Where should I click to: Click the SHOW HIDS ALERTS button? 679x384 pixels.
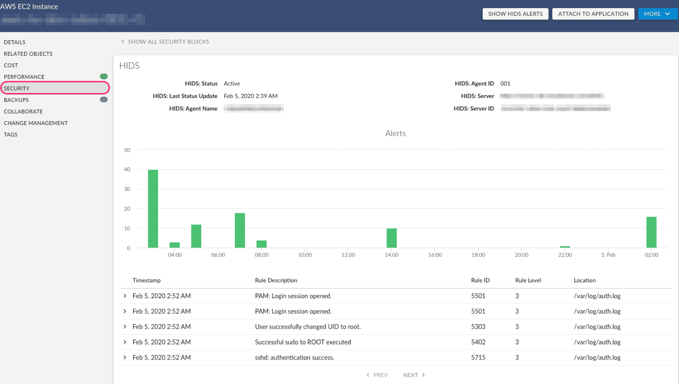[x=515, y=14]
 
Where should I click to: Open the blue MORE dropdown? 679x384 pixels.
[x=657, y=14]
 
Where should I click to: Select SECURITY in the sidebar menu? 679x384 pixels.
[x=17, y=88]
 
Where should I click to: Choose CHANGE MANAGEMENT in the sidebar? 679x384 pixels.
[x=36, y=123]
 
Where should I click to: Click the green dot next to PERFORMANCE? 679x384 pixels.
[x=104, y=77]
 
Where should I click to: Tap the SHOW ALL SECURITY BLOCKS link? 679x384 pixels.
[x=168, y=42]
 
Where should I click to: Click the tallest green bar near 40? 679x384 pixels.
[x=153, y=208]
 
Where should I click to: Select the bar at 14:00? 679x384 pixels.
[x=391, y=238]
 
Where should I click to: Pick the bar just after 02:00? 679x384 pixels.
[x=651, y=232]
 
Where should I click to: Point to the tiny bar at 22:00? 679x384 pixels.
[x=565, y=247]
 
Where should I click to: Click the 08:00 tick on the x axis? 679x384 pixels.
[x=261, y=255]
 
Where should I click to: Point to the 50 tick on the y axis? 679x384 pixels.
[x=127, y=150]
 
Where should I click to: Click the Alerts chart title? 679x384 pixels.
[x=395, y=133]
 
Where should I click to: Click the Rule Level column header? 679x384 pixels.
[x=528, y=280]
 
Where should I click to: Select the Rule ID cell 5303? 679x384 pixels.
[x=478, y=327]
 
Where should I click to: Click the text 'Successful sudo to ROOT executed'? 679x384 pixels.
[x=303, y=342]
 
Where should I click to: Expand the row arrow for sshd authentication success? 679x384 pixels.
[x=125, y=357]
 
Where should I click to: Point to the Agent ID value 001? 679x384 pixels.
[x=505, y=83]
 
